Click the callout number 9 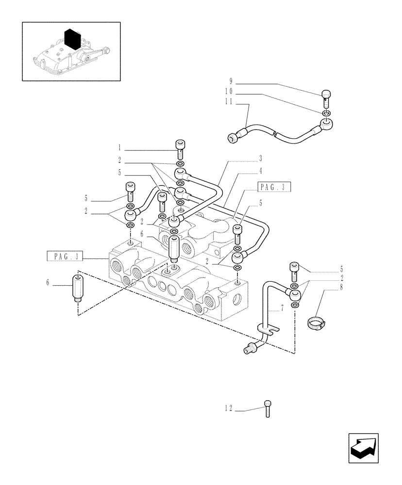coord(231,81)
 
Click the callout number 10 coord(229,91)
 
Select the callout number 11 coord(229,102)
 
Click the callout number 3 coord(261,158)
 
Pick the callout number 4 coord(261,170)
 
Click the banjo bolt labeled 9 coord(326,97)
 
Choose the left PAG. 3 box coord(66,256)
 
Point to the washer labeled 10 coord(326,114)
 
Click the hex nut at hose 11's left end coord(233,139)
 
